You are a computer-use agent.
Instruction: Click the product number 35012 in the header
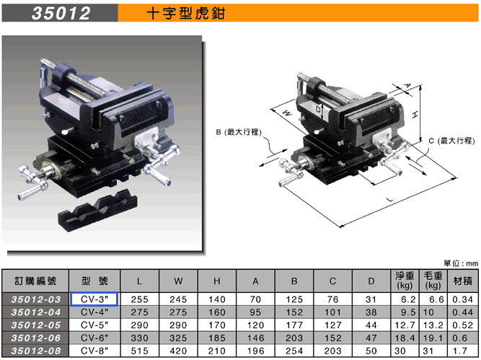[x=61, y=13]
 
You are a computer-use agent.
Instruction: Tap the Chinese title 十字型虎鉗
[x=186, y=14]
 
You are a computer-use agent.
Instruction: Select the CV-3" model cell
[x=94, y=299]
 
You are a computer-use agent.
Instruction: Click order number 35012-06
[x=36, y=338]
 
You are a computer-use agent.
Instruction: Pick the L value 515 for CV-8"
[x=140, y=351]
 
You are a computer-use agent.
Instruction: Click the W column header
[x=178, y=281]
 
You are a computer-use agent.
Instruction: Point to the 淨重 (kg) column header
[x=405, y=281]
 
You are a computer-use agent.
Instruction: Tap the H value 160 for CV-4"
[x=217, y=312]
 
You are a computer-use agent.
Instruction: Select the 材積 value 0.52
[x=462, y=325]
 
